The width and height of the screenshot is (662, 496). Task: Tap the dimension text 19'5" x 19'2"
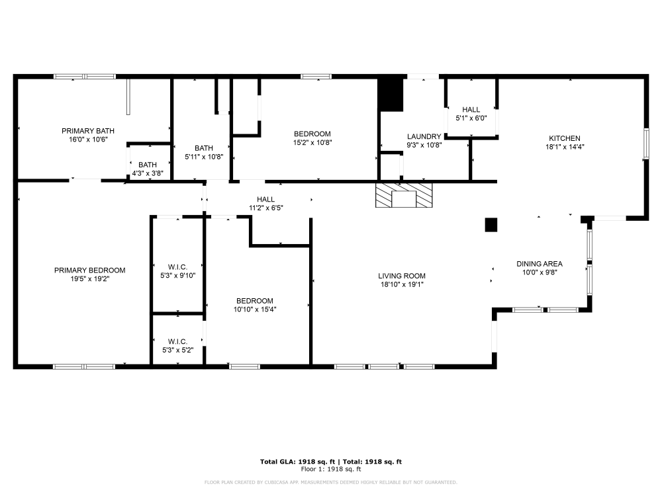tap(89, 279)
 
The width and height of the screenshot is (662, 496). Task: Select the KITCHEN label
tap(564, 138)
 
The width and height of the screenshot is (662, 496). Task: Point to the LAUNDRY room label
tap(424, 136)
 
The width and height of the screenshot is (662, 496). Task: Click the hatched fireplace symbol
tap(404, 196)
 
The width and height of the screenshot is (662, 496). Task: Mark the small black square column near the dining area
tap(491, 225)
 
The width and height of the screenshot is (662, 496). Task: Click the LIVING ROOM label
tap(402, 276)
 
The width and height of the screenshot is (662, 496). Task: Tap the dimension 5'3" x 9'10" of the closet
tap(177, 276)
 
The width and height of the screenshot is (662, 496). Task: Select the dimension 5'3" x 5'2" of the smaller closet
tap(177, 350)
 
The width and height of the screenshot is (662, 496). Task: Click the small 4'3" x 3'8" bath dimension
tap(148, 174)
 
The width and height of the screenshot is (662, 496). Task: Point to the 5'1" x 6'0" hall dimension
tap(471, 118)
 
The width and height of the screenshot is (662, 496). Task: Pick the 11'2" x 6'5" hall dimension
tap(265, 208)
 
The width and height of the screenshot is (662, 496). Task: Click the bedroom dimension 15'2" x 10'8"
tap(312, 142)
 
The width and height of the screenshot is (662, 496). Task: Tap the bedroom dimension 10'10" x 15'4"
tap(255, 309)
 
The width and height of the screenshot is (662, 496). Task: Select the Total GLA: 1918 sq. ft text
tap(297, 461)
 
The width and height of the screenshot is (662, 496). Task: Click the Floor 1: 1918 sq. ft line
tap(330, 469)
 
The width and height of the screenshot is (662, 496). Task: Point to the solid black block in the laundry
tap(391, 95)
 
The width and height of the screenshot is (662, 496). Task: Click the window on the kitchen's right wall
tap(646, 144)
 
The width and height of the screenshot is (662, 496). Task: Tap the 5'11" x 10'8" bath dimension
tap(204, 157)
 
